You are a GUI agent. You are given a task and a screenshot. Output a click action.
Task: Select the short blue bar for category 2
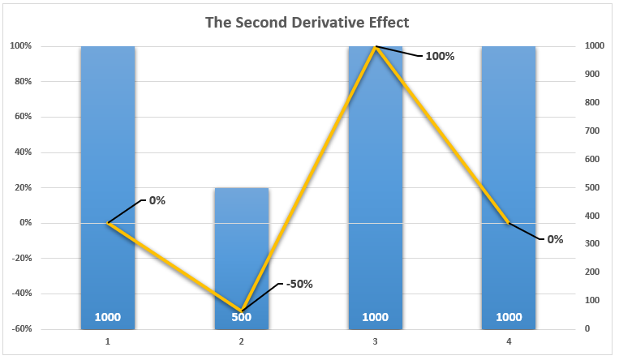tap(242, 243)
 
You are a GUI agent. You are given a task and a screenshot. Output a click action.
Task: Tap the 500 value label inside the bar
tap(242, 317)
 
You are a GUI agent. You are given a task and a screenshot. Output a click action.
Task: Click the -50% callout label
tap(298, 284)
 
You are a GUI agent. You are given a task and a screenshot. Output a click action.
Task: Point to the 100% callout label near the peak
tap(440, 57)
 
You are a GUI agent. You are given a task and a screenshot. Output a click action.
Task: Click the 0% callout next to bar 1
tap(156, 200)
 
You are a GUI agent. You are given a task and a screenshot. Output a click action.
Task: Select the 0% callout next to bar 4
tap(555, 239)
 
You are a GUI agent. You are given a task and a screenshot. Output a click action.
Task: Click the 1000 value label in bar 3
tap(376, 317)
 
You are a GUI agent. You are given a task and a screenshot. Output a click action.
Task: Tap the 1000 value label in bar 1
tap(108, 317)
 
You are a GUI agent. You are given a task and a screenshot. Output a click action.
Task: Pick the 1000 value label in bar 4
tap(509, 317)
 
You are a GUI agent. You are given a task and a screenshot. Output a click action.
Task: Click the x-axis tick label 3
tap(376, 342)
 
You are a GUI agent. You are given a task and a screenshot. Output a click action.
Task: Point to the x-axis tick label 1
tap(108, 342)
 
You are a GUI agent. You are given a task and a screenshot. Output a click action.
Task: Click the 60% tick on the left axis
tap(21, 117)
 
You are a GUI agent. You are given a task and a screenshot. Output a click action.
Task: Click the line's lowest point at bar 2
tap(242, 311)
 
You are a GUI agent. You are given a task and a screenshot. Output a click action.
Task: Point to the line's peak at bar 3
tap(376, 47)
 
